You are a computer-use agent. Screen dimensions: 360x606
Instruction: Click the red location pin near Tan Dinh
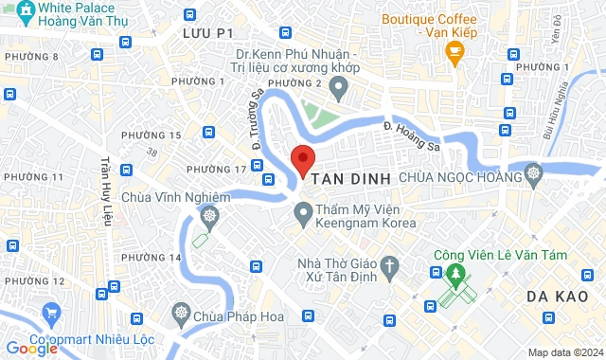tap(302, 160)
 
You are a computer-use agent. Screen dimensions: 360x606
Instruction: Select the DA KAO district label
tap(561, 297)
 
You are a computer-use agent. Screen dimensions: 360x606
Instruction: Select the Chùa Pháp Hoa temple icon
tap(179, 314)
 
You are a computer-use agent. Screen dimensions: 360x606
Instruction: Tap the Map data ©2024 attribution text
tap(563, 352)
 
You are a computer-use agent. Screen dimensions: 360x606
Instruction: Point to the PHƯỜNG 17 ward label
tap(216, 170)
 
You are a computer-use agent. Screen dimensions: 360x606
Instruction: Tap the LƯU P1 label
tap(208, 33)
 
